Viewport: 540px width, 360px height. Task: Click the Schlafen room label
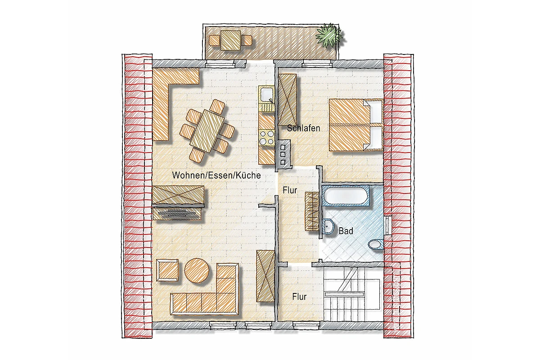click(x=303, y=128)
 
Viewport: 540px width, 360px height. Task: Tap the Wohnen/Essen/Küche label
click(x=216, y=175)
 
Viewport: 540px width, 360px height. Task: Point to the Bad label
click(x=346, y=231)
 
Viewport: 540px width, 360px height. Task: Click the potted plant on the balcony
click(x=329, y=35)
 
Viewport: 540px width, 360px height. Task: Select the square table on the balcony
click(x=231, y=40)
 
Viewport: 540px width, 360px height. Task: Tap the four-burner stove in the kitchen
click(x=267, y=137)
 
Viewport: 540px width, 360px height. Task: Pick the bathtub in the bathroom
click(x=346, y=196)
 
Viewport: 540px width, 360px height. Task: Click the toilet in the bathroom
click(x=376, y=245)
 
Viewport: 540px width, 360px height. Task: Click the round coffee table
click(x=197, y=271)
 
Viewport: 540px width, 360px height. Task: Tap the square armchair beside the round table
click(x=167, y=270)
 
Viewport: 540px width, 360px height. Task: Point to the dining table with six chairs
click(x=207, y=131)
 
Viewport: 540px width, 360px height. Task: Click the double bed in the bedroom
click(x=356, y=125)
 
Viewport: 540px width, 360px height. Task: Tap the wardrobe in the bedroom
click(x=288, y=99)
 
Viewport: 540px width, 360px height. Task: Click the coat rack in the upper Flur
click(x=312, y=211)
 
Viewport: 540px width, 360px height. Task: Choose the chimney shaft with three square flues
click(x=283, y=153)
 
